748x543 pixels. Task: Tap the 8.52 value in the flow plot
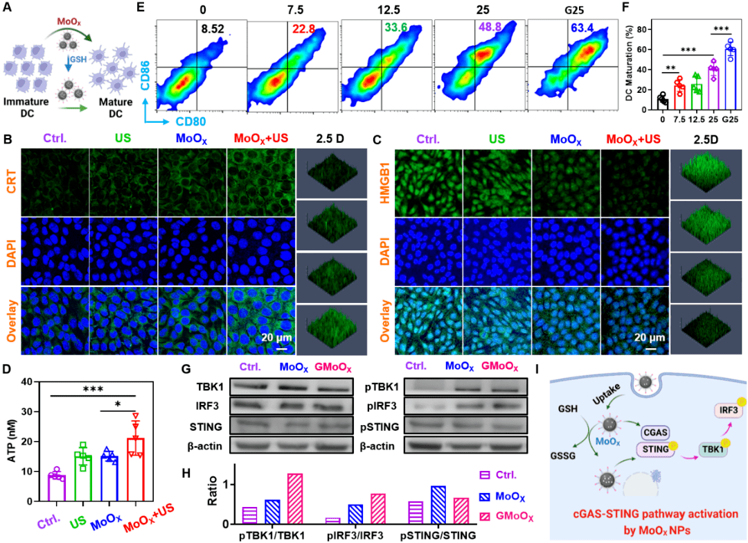click(x=211, y=29)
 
